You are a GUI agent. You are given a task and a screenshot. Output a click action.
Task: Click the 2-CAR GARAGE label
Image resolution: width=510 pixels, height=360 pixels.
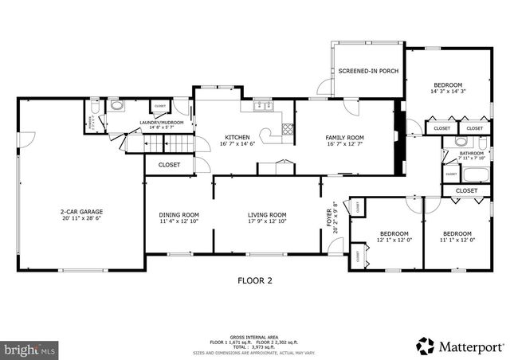[x=81, y=212]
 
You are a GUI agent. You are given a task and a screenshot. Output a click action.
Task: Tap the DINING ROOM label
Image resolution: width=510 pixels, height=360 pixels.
[x=178, y=214]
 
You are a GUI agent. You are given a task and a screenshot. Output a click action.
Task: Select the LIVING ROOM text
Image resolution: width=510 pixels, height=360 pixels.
[x=266, y=214]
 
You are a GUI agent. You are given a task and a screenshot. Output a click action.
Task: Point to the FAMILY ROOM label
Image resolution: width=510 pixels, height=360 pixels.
[x=344, y=137]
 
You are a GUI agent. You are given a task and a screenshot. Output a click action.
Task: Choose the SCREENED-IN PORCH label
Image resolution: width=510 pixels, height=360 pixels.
[x=367, y=72]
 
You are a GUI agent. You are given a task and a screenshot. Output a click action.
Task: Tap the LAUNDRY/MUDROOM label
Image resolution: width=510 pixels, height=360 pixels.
[x=161, y=123]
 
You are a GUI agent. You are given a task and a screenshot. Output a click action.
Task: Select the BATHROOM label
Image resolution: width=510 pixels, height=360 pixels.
[x=470, y=153]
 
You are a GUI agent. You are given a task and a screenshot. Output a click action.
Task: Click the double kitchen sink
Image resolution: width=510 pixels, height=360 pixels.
[x=262, y=106]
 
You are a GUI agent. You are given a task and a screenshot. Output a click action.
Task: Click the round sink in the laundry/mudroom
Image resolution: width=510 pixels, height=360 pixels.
[x=117, y=106]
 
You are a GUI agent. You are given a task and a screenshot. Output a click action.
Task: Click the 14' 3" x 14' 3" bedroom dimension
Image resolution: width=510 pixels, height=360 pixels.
[x=448, y=92]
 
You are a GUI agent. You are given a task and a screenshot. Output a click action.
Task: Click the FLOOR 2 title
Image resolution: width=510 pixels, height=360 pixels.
[x=255, y=280]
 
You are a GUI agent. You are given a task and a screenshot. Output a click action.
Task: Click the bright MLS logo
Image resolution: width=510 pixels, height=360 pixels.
[x=29, y=349]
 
